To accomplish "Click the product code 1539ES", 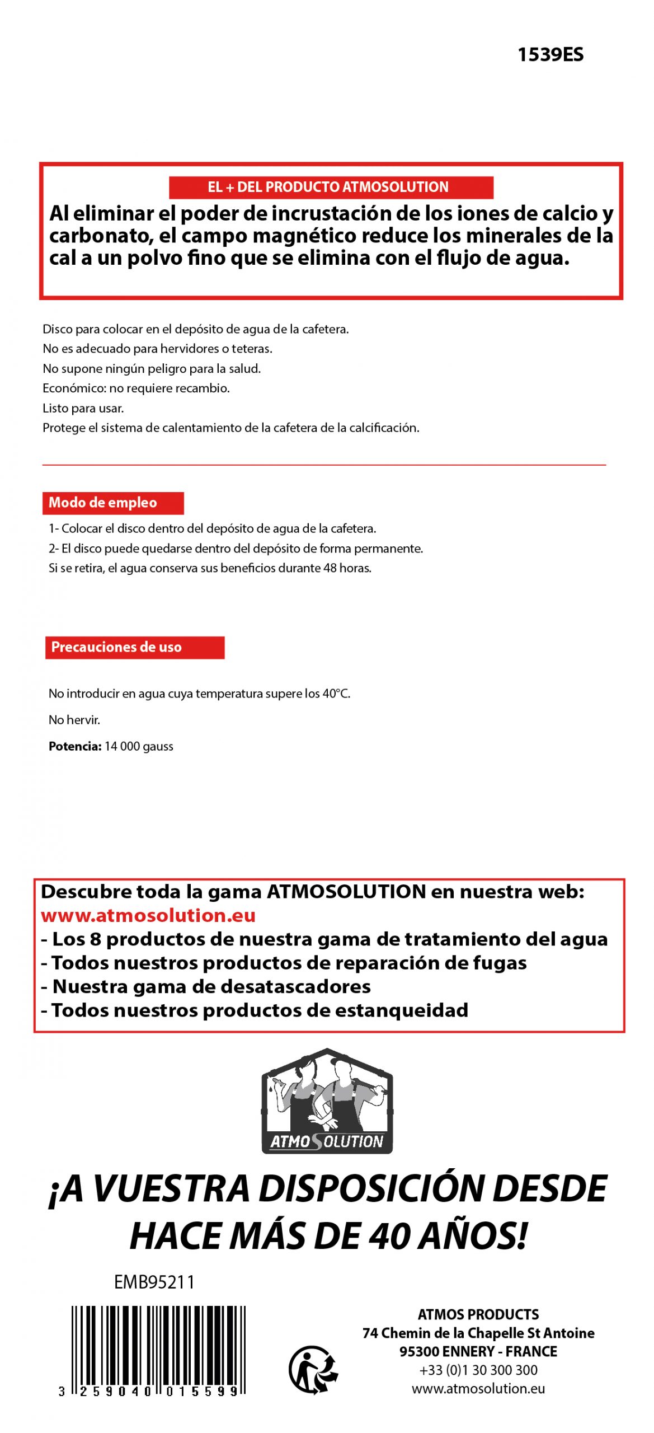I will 550,55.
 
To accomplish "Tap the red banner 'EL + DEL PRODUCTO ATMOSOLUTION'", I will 331,187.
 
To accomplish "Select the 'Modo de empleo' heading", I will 112,503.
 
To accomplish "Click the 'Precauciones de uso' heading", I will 134,647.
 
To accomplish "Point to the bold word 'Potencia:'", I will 75,746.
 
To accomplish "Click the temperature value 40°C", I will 336,694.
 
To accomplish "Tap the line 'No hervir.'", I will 74,720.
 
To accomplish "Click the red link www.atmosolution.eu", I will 148,915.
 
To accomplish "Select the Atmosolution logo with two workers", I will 327,1100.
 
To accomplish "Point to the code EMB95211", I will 154,1282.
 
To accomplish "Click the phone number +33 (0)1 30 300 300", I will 478,1370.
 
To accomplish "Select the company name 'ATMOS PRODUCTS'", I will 478,1314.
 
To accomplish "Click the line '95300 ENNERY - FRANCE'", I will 478,1351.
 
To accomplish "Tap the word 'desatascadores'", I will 296,986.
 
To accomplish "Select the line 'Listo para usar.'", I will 83,408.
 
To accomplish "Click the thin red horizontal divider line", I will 324,465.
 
